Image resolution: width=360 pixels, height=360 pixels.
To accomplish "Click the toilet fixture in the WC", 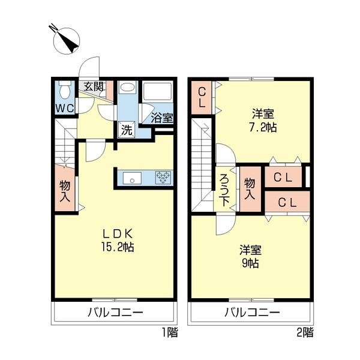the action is [x=65, y=90].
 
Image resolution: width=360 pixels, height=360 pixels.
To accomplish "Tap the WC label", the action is [x=65, y=108].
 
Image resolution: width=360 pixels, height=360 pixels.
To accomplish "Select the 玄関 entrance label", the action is [x=93, y=86].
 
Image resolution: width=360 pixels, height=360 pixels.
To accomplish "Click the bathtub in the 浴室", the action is [x=157, y=91].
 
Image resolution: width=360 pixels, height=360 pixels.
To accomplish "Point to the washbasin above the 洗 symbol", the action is [x=128, y=87].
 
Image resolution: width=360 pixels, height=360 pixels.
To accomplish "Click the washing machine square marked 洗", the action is [x=127, y=130].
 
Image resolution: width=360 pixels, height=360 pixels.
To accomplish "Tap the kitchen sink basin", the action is [x=132, y=178].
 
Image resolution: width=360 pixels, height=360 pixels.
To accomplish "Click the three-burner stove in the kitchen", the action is [x=164, y=178].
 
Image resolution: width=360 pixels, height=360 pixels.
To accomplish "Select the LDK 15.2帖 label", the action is [x=118, y=241].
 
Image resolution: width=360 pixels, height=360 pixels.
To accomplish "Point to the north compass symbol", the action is [x=66, y=40].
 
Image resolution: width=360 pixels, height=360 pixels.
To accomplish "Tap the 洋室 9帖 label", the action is [x=250, y=256].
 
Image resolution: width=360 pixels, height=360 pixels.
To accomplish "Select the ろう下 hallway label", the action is [x=224, y=190].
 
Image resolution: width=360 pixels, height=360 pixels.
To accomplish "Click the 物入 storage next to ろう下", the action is [x=250, y=189].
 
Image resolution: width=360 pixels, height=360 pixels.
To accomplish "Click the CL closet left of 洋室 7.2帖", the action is [x=202, y=98].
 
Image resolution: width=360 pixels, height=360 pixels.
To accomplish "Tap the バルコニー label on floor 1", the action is [x=115, y=313].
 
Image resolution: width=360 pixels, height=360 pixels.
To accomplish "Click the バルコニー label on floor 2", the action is [x=252, y=313].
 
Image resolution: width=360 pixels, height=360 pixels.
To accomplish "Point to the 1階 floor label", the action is [x=170, y=332].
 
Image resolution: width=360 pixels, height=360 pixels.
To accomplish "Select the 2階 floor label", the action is [x=305, y=332].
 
